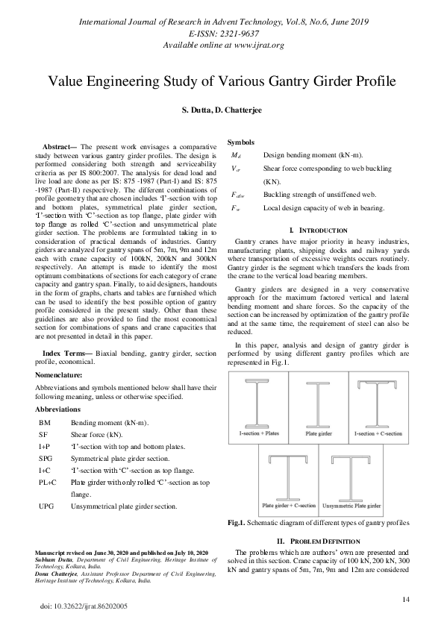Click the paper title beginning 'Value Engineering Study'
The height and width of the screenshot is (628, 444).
point(222,81)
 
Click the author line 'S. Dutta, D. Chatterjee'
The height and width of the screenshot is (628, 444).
point(222,110)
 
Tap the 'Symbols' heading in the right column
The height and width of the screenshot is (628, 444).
point(241,142)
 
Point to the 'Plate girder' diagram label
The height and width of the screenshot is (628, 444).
point(319,432)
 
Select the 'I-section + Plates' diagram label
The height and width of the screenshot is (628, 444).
point(257,432)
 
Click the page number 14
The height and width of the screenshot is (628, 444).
point(406,600)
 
